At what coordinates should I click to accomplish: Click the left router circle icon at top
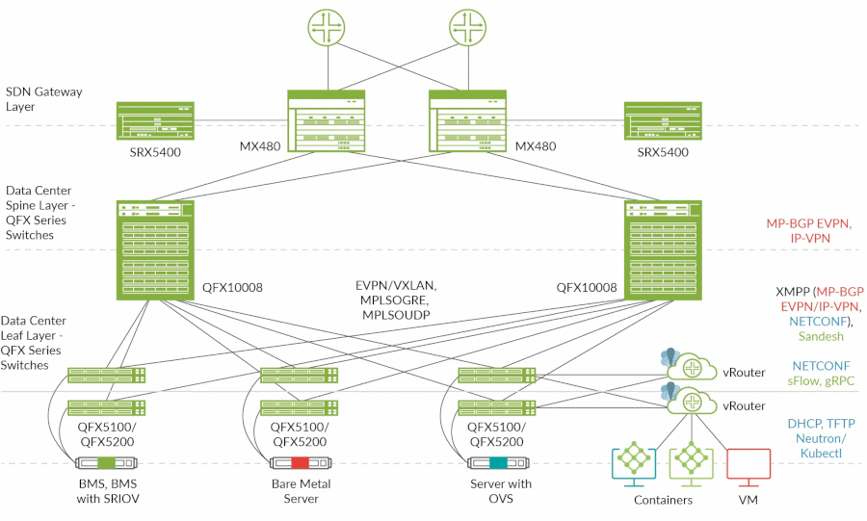328,26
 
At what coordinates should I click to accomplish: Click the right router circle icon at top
465,26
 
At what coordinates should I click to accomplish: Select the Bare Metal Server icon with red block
295,461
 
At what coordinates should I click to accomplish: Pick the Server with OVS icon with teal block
490,461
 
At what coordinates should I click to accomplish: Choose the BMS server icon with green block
104,461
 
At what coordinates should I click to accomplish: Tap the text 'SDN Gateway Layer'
44,99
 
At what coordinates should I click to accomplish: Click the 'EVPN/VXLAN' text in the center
395,285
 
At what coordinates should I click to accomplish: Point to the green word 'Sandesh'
821,337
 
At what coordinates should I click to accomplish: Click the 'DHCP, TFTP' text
821,423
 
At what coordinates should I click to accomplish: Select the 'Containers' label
663,500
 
